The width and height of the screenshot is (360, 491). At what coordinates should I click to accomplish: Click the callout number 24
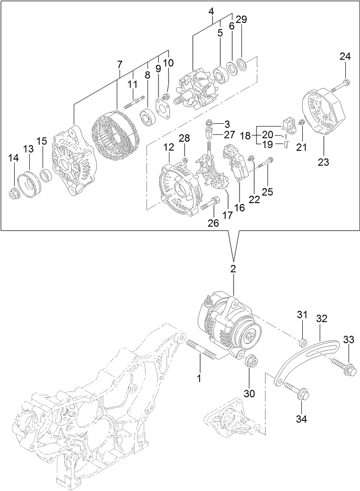point(345,57)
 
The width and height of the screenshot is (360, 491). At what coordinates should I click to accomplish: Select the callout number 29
point(242,19)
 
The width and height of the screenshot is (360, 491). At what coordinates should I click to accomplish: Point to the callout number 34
point(302,418)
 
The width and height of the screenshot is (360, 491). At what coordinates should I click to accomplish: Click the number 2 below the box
point(233,269)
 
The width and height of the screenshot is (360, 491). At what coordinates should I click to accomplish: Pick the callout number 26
point(214,224)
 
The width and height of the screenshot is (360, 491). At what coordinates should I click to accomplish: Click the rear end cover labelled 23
point(323,113)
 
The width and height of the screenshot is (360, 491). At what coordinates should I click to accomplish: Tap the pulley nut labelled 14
point(16,194)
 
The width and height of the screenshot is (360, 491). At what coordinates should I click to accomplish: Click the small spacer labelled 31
point(302,342)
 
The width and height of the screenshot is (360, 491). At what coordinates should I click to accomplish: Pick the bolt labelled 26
point(211,203)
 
